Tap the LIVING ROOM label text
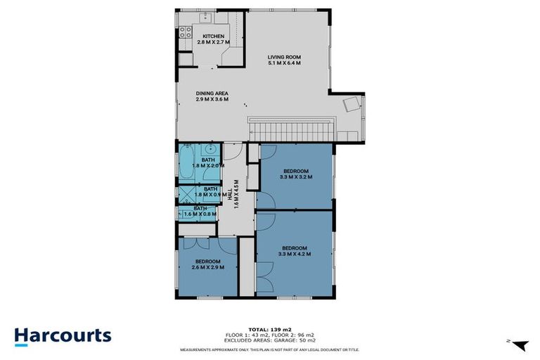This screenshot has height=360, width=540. [284, 57]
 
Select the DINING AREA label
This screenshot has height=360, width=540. [212, 93]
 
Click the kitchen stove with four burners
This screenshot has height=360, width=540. [186, 32]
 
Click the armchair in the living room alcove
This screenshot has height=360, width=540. [350, 105]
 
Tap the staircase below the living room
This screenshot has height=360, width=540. [291, 129]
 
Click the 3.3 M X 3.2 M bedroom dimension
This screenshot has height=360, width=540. [296, 177]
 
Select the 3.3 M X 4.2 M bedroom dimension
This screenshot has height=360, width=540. [295, 254]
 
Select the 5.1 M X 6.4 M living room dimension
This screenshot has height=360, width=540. [284, 63]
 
